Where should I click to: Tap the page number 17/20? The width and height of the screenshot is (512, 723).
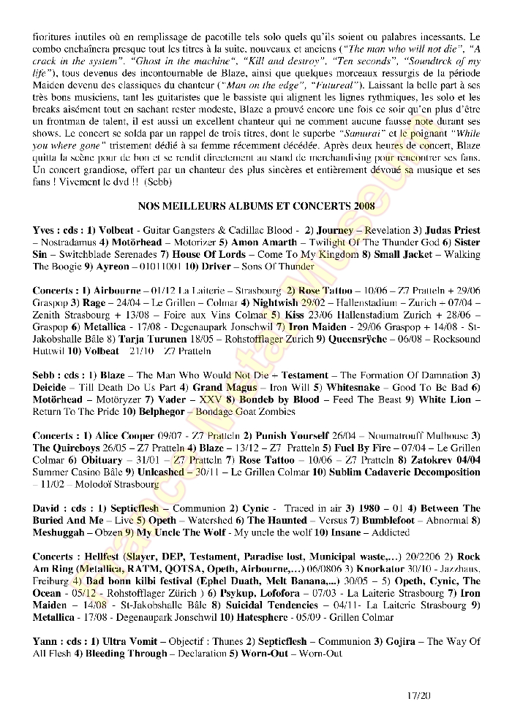tap(421, 696)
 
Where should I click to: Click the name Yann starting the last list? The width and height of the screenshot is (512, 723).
tap(45, 640)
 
